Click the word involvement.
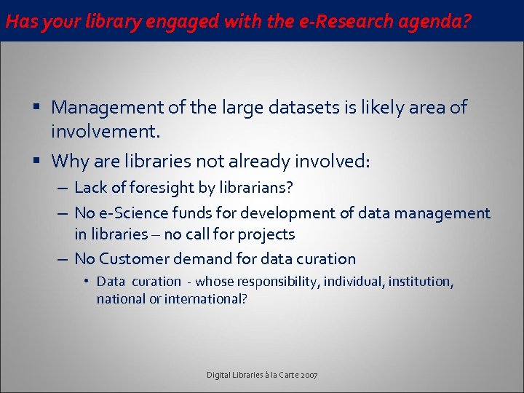[x=105, y=132]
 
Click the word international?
[x=206, y=298]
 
